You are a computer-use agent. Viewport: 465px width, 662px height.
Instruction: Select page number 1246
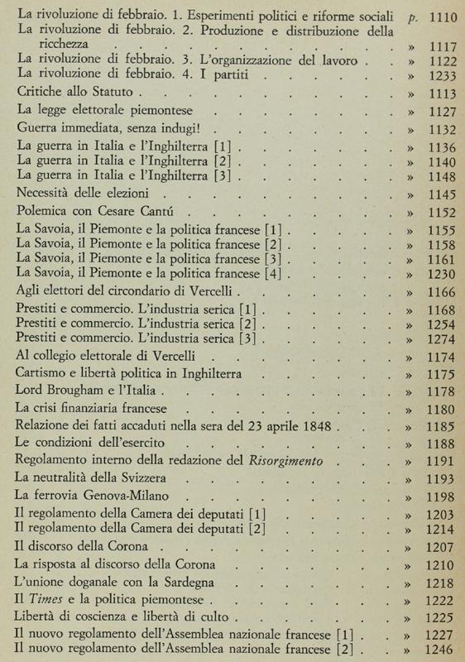439,649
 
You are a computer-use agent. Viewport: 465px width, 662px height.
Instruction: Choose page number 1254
439,323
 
